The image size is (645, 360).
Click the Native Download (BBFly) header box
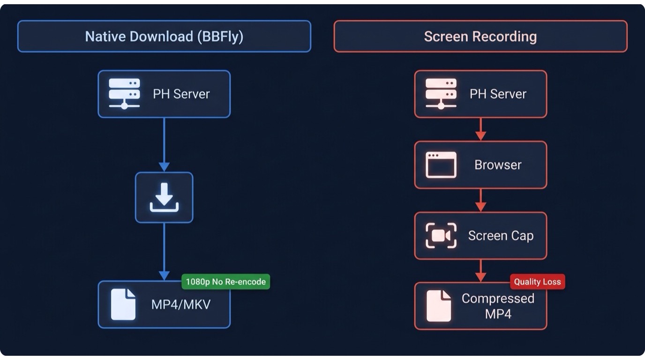(164, 36)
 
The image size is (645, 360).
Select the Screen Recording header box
(480, 36)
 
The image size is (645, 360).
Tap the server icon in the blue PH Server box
(124, 94)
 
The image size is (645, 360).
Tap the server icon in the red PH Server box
(441, 94)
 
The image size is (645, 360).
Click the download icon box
(164, 197)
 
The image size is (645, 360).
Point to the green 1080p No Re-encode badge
(226, 282)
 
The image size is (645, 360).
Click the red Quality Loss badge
(537, 282)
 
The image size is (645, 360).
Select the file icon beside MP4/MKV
(123, 304)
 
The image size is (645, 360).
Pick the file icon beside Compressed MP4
(439, 306)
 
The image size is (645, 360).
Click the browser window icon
(441, 165)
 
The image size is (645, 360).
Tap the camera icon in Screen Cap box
(441, 236)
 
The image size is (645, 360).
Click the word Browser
(498, 165)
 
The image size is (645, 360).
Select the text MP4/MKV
(181, 304)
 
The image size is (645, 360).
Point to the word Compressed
(498, 299)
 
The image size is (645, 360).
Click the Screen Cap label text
(501, 236)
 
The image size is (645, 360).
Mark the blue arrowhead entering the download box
(164, 167)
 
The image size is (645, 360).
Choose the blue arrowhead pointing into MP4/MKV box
(164, 276)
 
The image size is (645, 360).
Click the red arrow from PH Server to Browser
(480, 129)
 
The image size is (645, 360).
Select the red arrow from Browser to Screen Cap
(480, 201)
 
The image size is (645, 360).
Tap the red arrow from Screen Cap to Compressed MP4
(480, 271)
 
